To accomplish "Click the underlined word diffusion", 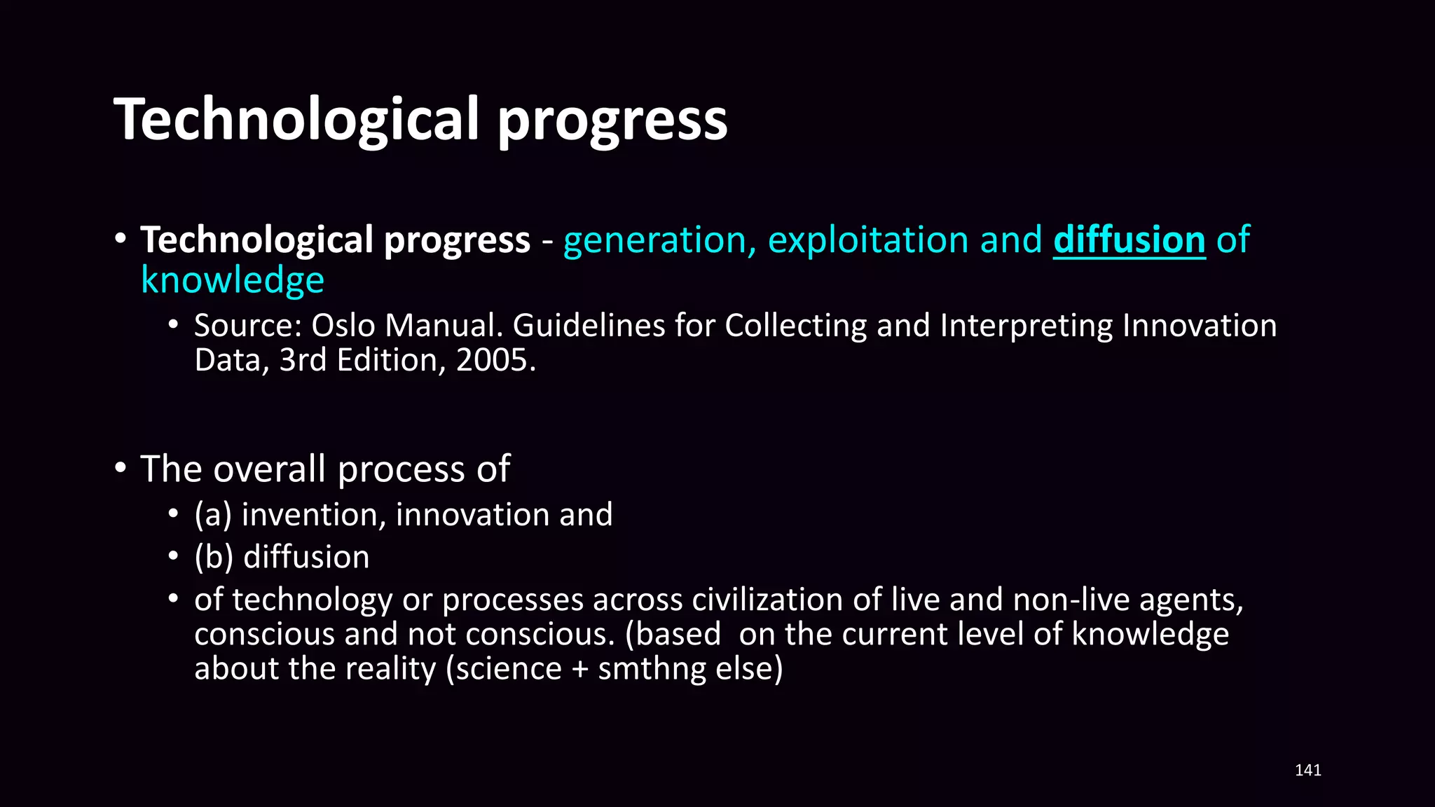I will (x=1129, y=240).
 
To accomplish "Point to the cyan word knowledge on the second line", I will (x=233, y=280).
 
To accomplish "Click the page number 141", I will (x=1307, y=770).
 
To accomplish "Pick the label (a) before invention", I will (x=212, y=515).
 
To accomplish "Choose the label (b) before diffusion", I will (x=214, y=558).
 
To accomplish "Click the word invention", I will (x=313, y=515).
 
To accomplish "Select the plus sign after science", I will (x=579, y=669).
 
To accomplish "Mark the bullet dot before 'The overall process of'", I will (x=121, y=468).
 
